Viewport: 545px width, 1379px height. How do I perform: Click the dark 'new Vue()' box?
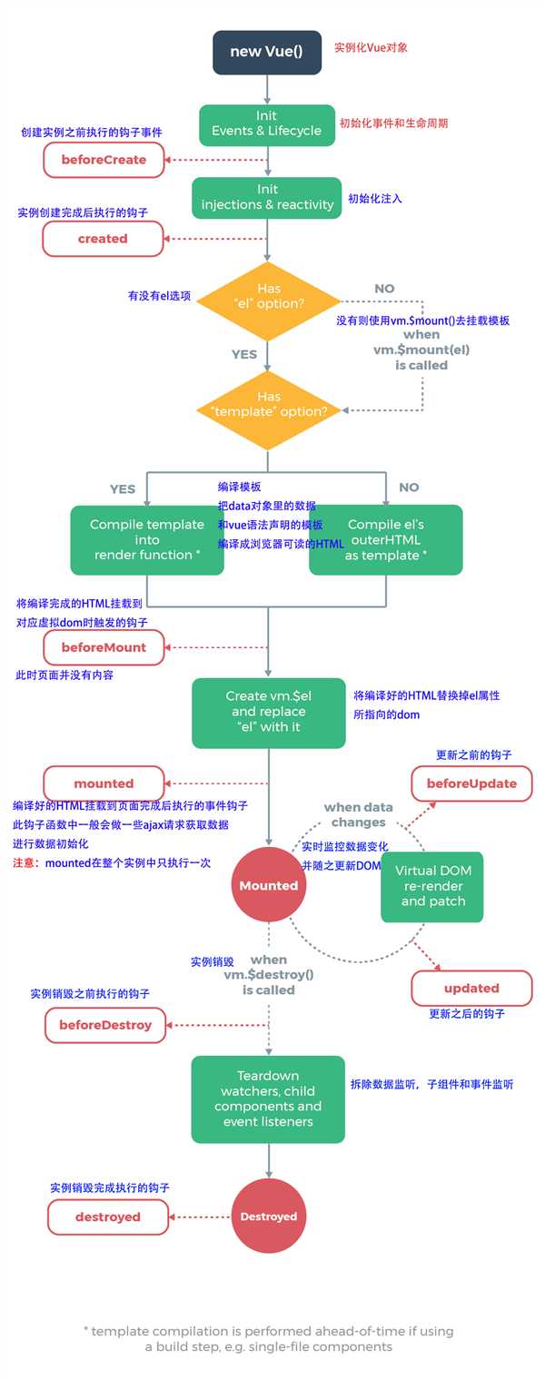click(x=267, y=52)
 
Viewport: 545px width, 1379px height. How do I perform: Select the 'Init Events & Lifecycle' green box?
click(x=267, y=123)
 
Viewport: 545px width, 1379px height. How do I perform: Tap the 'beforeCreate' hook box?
click(x=104, y=160)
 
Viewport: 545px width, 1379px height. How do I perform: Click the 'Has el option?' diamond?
click(x=268, y=296)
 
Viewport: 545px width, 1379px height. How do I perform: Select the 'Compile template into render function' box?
click(x=147, y=540)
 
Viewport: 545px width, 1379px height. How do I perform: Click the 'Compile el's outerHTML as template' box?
click(x=385, y=540)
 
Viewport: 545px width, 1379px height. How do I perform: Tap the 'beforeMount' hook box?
click(x=104, y=647)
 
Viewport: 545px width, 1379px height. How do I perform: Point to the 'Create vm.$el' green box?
click(x=268, y=712)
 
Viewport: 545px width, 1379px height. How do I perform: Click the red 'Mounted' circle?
click(x=269, y=885)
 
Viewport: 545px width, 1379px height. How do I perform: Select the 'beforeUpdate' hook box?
click(x=471, y=783)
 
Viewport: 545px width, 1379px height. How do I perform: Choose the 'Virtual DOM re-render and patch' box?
click(x=432, y=886)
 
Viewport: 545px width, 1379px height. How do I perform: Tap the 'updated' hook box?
click(x=471, y=988)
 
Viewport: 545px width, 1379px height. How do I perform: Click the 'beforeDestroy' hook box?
click(x=105, y=1025)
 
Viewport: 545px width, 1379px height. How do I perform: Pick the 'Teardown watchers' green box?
click(x=268, y=1098)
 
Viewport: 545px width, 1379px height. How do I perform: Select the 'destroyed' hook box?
click(x=107, y=1216)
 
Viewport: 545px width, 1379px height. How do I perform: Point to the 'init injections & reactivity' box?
click(x=267, y=197)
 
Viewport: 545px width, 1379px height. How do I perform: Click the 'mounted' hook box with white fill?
click(x=104, y=783)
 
